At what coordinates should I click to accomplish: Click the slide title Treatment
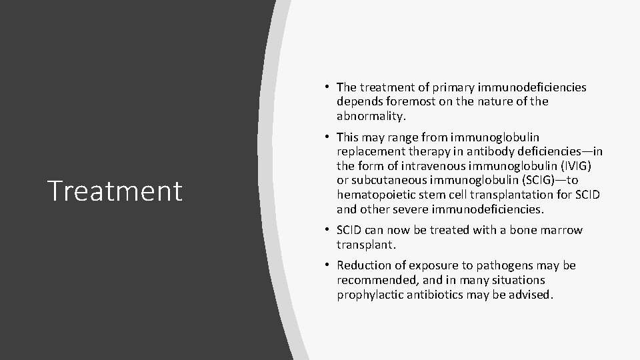coord(115,191)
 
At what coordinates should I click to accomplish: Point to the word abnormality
coord(371,116)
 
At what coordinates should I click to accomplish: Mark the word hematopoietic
coord(375,195)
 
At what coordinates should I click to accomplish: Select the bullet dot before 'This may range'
coord(329,137)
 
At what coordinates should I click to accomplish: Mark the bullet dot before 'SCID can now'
coord(329,230)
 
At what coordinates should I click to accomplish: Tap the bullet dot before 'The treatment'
coord(329,87)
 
